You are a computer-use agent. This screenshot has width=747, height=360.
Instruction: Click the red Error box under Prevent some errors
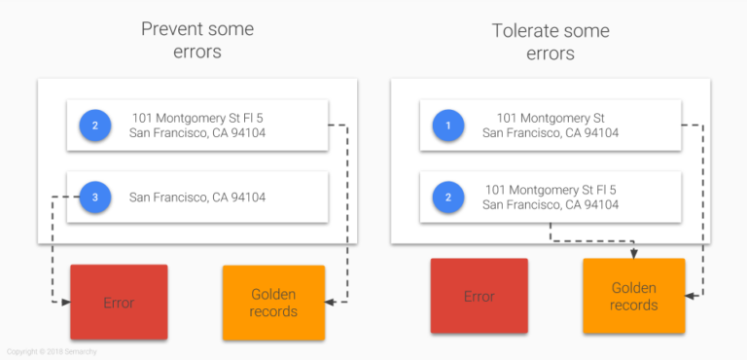click(x=119, y=302)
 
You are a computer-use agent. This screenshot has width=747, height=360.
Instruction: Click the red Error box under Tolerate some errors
click(x=479, y=296)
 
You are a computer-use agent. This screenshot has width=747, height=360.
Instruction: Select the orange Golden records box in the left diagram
click(x=273, y=303)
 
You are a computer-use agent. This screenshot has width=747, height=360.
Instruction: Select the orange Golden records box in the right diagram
click(x=633, y=296)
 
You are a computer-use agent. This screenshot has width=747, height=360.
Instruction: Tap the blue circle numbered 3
click(x=94, y=197)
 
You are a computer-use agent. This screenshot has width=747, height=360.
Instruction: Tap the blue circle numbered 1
click(x=447, y=126)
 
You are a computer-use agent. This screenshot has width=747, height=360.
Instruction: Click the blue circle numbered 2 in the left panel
click(x=94, y=126)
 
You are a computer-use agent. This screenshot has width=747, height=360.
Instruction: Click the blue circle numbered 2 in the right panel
click(x=447, y=197)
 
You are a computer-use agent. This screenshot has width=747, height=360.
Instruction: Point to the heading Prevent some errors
click(x=196, y=40)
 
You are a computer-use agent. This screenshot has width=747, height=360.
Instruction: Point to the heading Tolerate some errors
click(x=551, y=40)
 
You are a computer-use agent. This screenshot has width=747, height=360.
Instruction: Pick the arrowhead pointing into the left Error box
click(x=65, y=303)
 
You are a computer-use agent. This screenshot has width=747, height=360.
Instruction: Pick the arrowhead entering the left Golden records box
click(x=330, y=303)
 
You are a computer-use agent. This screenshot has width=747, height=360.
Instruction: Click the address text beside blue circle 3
click(x=196, y=197)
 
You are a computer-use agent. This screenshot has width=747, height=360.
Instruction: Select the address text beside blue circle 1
click(x=551, y=126)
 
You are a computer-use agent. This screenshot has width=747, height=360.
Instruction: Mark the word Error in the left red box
click(x=119, y=303)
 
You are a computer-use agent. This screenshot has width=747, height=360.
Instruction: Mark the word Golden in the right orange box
click(x=633, y=288)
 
